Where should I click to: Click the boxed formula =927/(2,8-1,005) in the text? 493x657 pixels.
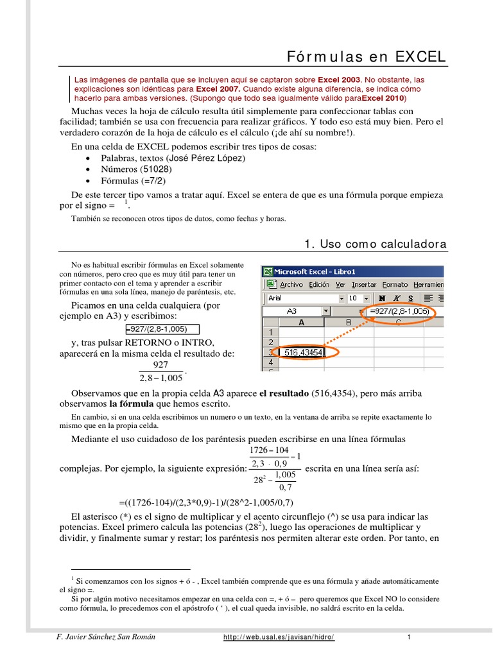click(157, 328)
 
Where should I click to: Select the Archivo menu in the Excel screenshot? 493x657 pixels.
click(291, 285)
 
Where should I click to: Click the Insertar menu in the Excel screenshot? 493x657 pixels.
click(364, 285)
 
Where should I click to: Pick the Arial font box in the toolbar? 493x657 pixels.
click(302, 298)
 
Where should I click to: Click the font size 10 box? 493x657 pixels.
click(354, 298)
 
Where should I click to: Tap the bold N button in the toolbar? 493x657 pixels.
click(383, 298)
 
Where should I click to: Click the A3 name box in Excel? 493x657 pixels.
click(292, 311)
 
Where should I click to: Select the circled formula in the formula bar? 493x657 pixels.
click(399, 312)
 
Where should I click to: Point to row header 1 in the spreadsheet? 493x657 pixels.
click(270, 332)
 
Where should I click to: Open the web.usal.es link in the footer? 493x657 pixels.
click(279, 637)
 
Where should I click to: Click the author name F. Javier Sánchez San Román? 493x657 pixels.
click(106, 637)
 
